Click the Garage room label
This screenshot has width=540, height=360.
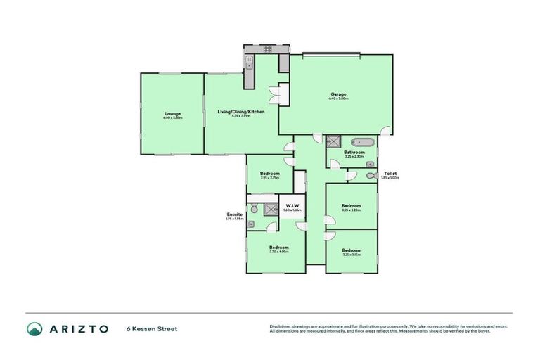tap(338, 94)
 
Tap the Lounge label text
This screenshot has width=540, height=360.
tap(172, 113)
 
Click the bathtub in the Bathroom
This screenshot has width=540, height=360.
tap(361, 141)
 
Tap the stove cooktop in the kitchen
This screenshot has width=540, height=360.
tap(267, 49)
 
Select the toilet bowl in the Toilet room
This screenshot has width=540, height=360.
tap(370, 175)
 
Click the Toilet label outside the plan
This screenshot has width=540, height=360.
tap(390, 173)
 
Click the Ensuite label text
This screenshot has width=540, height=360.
tap(234, 214)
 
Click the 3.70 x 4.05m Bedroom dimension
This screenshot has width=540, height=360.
tap(279, 252)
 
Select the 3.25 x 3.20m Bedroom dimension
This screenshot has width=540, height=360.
tap(350, 210)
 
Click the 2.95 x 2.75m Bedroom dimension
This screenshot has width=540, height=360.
tap(269, 178)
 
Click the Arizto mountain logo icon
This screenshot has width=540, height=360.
tap(34, 328)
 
